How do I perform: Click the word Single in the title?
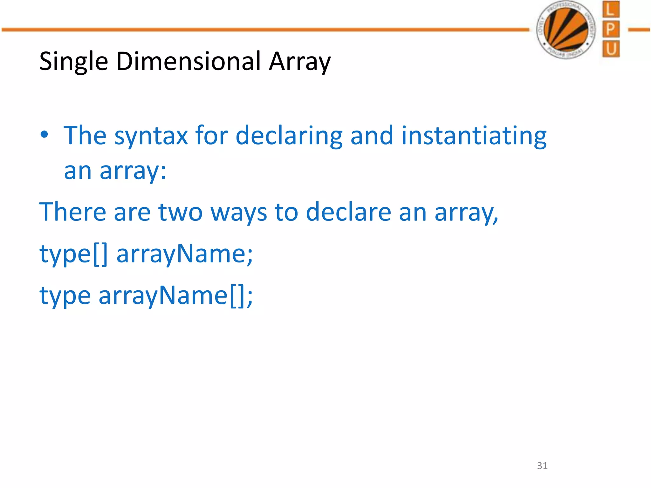pos(73,61)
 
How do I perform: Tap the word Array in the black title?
pos(300,61)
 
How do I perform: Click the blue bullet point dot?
pos(45,134)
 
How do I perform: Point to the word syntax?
pos(151,136)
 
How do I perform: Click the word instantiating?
pos(474,136)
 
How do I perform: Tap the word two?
pos(180,212)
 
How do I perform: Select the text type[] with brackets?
pos(73,254)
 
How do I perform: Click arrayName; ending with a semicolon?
pos(185,254)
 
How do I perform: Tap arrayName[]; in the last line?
pos(176,296)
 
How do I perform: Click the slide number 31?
pos(542,466)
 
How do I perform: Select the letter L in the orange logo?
pos(610,10)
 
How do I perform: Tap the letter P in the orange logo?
pos(610,30)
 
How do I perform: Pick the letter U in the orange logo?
pos(610,49)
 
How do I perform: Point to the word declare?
pos(348,212)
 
